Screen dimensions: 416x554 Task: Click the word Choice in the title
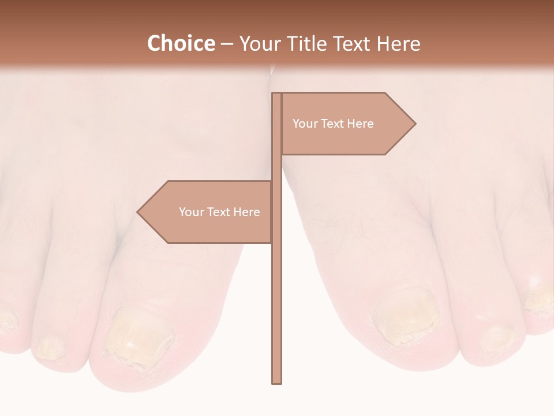tap(181, 43)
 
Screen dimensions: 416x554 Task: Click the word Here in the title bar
tap(399, 43)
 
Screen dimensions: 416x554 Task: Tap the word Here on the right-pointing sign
tap(360, 124)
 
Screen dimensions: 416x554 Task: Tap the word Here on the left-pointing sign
tap(246, 212)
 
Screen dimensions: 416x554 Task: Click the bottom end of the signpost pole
tap(277, 382)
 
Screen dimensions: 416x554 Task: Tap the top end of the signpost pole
tap(277, 94)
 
